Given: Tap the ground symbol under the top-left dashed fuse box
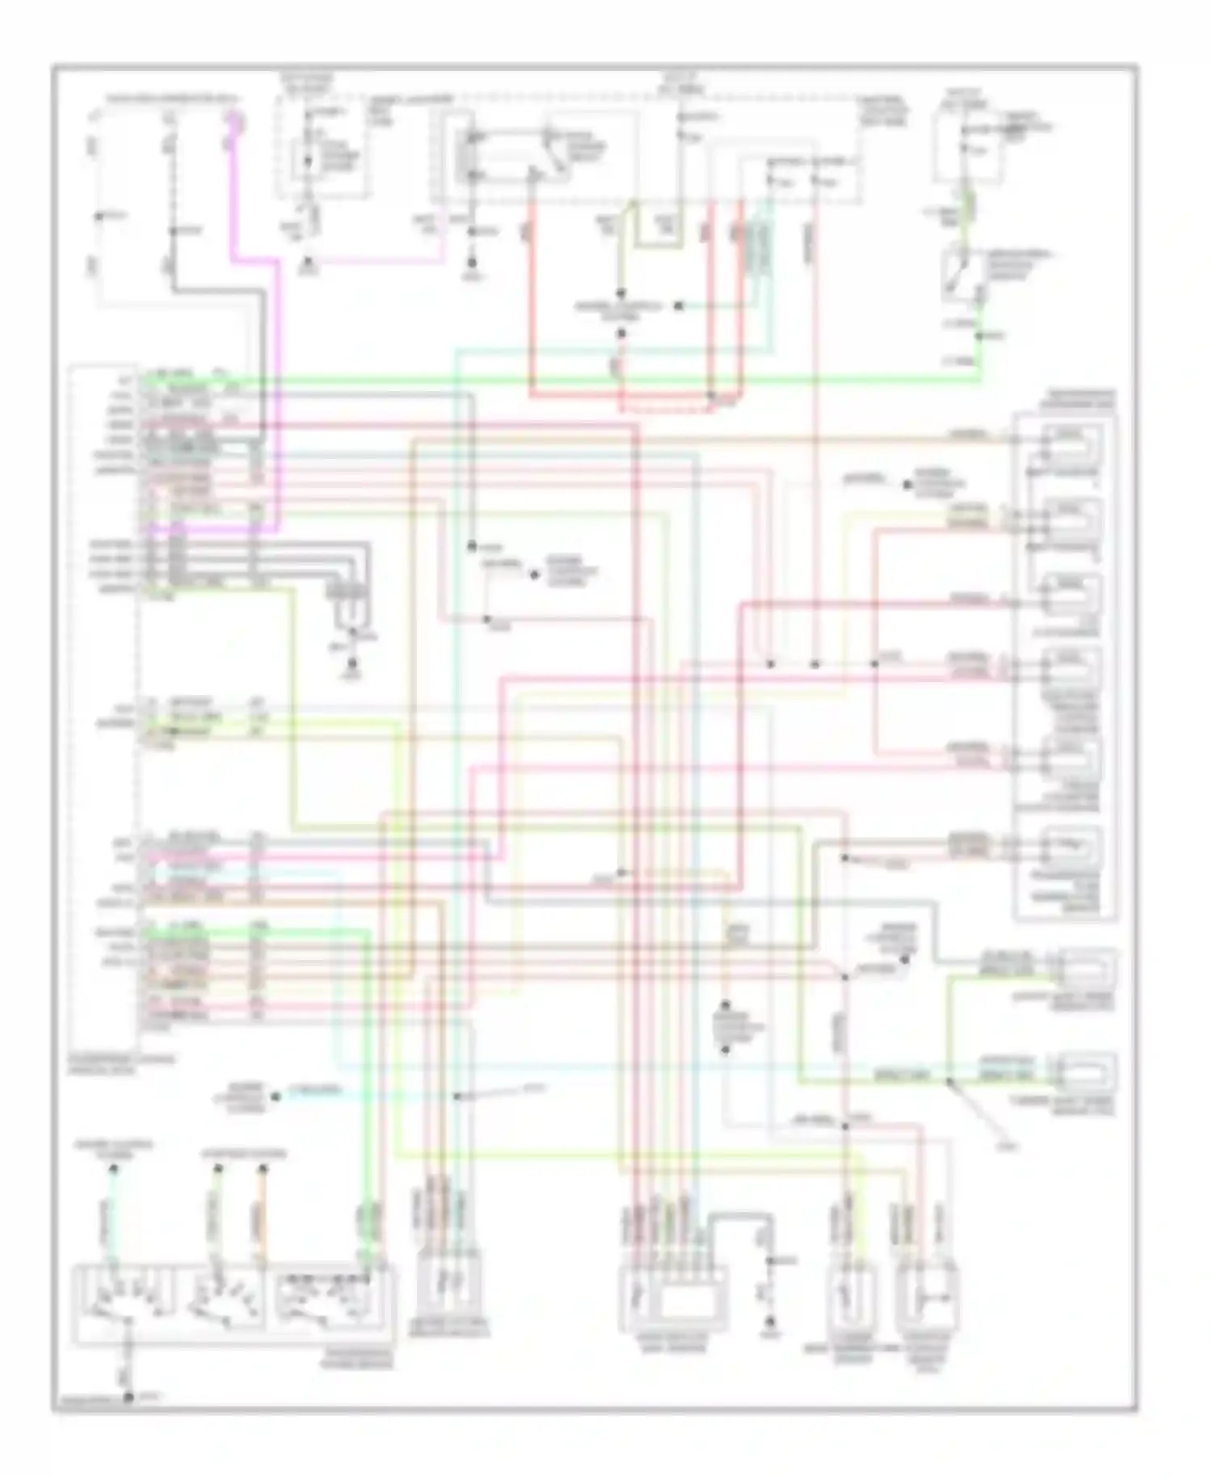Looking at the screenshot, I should tap(309, 263).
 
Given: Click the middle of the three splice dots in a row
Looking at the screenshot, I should tap(814, 664).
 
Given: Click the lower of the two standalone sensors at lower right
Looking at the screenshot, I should tap(1087, 1071).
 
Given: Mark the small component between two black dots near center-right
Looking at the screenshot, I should tap(726, 1026).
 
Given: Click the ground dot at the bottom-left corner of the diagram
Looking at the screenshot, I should tap(128, 1395).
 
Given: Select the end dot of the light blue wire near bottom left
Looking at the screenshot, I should tap(276, 1097).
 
